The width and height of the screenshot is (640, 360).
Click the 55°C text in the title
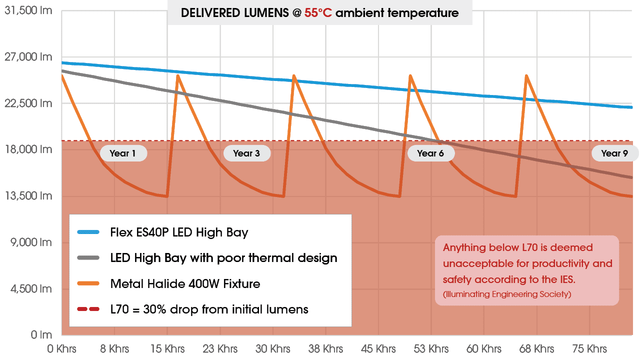(318, 13)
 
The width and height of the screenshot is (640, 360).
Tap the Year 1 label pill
(123, 153)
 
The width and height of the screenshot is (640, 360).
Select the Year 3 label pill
(246, 153)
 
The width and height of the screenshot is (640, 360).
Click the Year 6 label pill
(430, 153)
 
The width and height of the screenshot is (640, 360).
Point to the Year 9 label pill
(614, 153)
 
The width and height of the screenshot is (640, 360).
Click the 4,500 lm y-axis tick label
(31, 288)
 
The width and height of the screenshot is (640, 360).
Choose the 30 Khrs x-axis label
(272, 348)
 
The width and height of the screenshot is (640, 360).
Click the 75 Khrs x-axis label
(590, 348)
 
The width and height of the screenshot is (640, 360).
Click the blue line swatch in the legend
(90, 232)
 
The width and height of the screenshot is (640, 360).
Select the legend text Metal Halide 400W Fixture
(185, 284)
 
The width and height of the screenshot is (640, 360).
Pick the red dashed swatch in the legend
(90, 309)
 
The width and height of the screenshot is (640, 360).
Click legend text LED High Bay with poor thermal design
(223, 258)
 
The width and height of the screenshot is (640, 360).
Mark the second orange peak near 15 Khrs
(177, 75)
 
